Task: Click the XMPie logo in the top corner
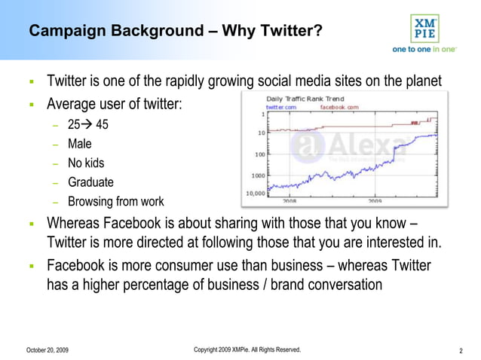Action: tap(422, 29)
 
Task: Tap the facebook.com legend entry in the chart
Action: tap(339, 108)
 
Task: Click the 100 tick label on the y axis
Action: tap(258, 154)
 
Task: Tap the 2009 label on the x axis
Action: tap(375, 201)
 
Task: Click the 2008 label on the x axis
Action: tap(290, 201)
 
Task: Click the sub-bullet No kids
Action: tap(86, 163)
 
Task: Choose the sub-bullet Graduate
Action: tap(90, 182)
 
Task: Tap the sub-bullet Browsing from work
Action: tap(115, 202)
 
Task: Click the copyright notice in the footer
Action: tap(247, 350)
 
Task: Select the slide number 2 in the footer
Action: tap(460, 351)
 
